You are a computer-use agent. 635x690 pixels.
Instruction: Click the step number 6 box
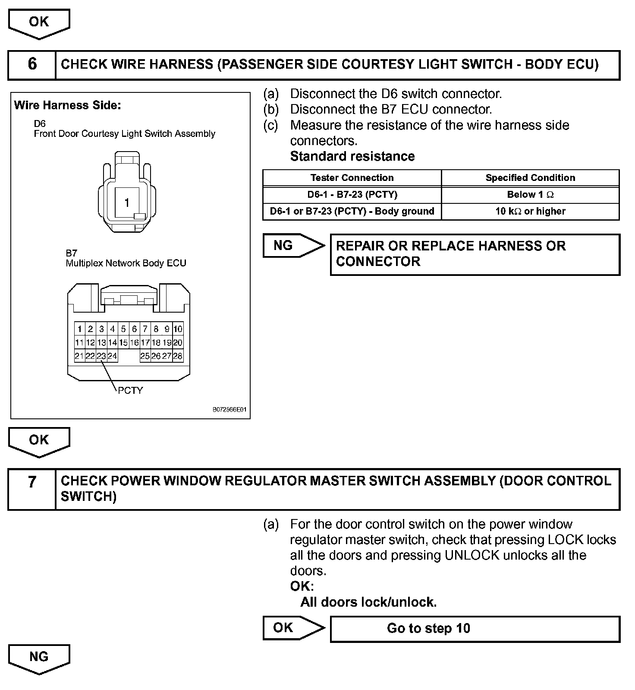point(32,64)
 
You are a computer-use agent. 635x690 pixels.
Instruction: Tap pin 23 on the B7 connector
point(101,356)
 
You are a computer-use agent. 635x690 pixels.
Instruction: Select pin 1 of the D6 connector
point(127,203)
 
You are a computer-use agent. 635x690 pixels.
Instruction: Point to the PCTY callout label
point(130,390)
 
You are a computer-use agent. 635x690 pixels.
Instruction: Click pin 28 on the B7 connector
point(178,356)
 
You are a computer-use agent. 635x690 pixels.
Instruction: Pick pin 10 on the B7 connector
point(178,329)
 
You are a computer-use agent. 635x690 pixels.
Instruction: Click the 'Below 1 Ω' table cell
point(530,194)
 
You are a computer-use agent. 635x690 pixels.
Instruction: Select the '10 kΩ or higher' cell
point(530,211)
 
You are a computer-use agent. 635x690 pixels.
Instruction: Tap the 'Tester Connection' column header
point(352,177)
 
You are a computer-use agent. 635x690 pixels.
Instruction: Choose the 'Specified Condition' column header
point(530,177)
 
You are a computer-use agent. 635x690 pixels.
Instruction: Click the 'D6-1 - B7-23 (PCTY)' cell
point(352,194)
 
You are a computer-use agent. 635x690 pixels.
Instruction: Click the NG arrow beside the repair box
point(293,246)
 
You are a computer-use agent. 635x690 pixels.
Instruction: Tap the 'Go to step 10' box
point(475,628)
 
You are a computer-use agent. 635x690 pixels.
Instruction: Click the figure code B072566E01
point(229,409)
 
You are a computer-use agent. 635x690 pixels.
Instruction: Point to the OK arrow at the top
point(39,23)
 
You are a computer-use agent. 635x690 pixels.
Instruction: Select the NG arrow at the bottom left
point(39,658)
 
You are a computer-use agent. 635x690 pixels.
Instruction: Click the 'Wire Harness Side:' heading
point(67,105)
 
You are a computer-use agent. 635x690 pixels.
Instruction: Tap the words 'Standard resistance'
point(352,156)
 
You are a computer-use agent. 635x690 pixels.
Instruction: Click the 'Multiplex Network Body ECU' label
point(126,263)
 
